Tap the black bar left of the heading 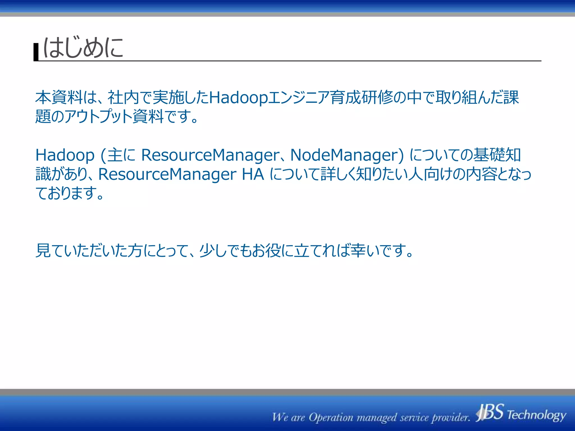coord(36,52)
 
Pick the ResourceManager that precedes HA coord(167,174)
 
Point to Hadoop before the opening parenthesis coord(65,155)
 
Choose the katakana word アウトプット coord(98,116)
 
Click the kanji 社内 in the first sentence coord(124,97)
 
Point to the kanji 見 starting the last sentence coord(43,250)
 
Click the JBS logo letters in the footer coord(490,412)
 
